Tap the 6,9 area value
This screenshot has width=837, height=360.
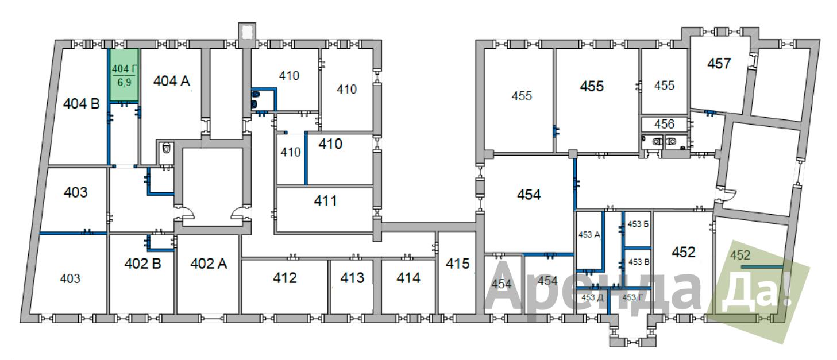[125, 82]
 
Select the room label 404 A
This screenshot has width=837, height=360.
[172, 81]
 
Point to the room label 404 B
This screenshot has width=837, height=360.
[82, 104]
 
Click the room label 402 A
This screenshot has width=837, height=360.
[209, 264]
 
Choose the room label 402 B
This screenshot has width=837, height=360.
[142, 264]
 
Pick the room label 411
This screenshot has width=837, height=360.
[326, 201]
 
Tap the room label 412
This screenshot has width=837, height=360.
[285, 278]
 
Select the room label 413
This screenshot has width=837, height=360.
[352, 278]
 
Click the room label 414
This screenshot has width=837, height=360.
[408, 278]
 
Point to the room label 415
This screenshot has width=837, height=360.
[458, 264]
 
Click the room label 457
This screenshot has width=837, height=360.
[719, 64]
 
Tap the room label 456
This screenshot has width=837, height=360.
[664, 124]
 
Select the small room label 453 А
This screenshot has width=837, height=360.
[589, 234]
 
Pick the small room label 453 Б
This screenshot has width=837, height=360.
[638, 224]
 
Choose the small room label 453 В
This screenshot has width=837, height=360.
[639, 262]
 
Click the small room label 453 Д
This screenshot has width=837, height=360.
[592, 297]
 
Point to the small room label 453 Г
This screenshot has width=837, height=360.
[633, 297]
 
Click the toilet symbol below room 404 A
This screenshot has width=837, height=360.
[166, 149]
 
